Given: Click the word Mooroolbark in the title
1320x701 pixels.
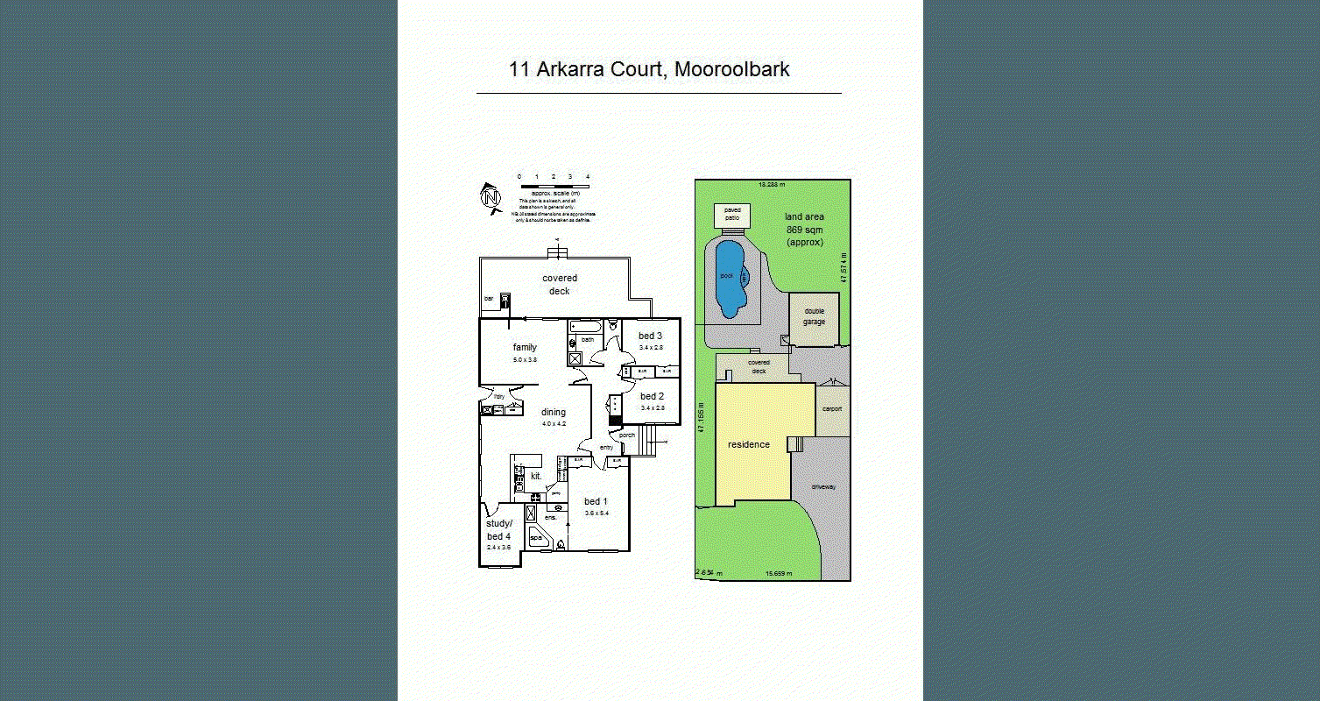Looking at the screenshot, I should pos(733,70).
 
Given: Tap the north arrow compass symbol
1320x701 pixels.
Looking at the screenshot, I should pos(491,197).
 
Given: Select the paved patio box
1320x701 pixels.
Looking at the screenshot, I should pos(732,215).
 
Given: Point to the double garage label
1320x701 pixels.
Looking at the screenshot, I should pos(815,316).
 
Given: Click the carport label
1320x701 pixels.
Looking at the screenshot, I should pos(831,409).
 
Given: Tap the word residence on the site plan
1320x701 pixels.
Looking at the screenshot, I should pos(749,444).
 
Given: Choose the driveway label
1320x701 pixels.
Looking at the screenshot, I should pos(823,486).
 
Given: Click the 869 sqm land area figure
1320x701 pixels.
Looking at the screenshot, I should pos(804,230).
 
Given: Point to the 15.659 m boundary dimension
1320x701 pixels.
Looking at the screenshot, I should pos(778,574).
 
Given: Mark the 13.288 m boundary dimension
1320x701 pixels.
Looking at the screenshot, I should pos(772,184).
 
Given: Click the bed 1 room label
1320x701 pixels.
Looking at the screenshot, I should pos(596,502).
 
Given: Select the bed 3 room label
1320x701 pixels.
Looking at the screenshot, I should pos(650,336).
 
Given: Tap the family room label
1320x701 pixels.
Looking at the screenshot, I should pos(525,348).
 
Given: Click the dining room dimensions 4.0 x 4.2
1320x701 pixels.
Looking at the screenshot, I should pos(554,424).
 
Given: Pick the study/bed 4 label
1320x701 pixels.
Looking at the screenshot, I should pos(498,530).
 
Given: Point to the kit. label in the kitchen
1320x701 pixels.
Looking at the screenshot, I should pos(537,477).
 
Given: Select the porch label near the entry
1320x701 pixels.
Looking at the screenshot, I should pos(626,435).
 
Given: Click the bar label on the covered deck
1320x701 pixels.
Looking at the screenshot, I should pos(489,299).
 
